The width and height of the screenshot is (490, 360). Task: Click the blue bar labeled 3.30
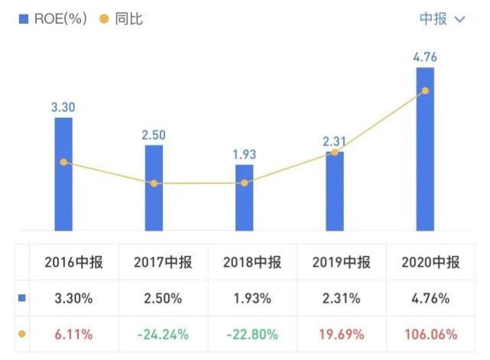tap(63, 174)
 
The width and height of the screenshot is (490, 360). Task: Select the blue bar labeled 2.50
tap(154, 187)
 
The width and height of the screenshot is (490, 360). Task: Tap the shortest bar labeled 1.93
tap(244, 197)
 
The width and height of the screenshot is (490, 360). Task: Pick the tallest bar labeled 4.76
tap(425, 148)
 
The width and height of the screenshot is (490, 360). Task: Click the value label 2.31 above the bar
tap(334, 141)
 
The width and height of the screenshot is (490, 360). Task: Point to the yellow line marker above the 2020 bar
tap(425, 91)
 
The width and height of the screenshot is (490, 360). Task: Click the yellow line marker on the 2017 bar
tap(154, 183)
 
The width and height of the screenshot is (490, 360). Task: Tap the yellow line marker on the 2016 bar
tap(63, 162)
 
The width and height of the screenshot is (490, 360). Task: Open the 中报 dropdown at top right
tap(442, 19)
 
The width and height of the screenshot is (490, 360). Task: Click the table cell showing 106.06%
tap(430, 334)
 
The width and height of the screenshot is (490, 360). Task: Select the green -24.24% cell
tap(162, 334)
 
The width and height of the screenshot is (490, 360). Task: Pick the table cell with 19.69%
tap(341, 334)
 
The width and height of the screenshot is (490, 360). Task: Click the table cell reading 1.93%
tap(251, 299)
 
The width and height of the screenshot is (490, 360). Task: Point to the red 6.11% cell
tap(73, 334)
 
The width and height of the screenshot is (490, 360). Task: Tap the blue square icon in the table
tap(21, 299)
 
